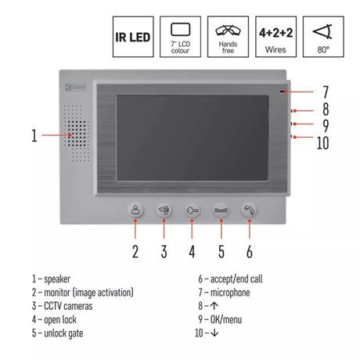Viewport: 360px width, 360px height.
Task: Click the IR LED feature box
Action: (x=133, y=37)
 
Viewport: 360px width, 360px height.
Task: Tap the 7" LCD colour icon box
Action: (x=180, y=37)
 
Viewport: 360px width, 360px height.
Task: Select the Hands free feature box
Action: (x=228, y=37)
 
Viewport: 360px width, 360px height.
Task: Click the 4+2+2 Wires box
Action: (x=275, y=37)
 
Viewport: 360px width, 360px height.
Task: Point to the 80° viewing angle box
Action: (x=323, y=37)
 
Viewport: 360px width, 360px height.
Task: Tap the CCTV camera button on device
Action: (x=164, y=211)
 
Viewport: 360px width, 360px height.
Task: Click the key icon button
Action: (x=193, y=211)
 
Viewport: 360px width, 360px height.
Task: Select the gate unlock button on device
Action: (x=221, y=211)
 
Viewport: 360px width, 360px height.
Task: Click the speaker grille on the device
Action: (x=77, y=133)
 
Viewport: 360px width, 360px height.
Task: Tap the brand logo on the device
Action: (x=75, y=87)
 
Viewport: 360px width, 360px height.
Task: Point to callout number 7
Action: (x=326, y=92)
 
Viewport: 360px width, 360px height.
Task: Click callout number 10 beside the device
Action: (x=322, y=143)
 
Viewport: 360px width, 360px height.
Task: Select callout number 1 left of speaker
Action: (x=34, y=135)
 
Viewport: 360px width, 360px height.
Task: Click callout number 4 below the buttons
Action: (x=192, y=252)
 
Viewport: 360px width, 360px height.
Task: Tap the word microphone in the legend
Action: (x=230, y=293)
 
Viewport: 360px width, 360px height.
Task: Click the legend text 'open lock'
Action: (x=60, y=320)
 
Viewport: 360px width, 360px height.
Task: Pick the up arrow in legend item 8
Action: (x=214, y=306)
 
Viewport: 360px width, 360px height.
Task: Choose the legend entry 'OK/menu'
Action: (x=226, y=319)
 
